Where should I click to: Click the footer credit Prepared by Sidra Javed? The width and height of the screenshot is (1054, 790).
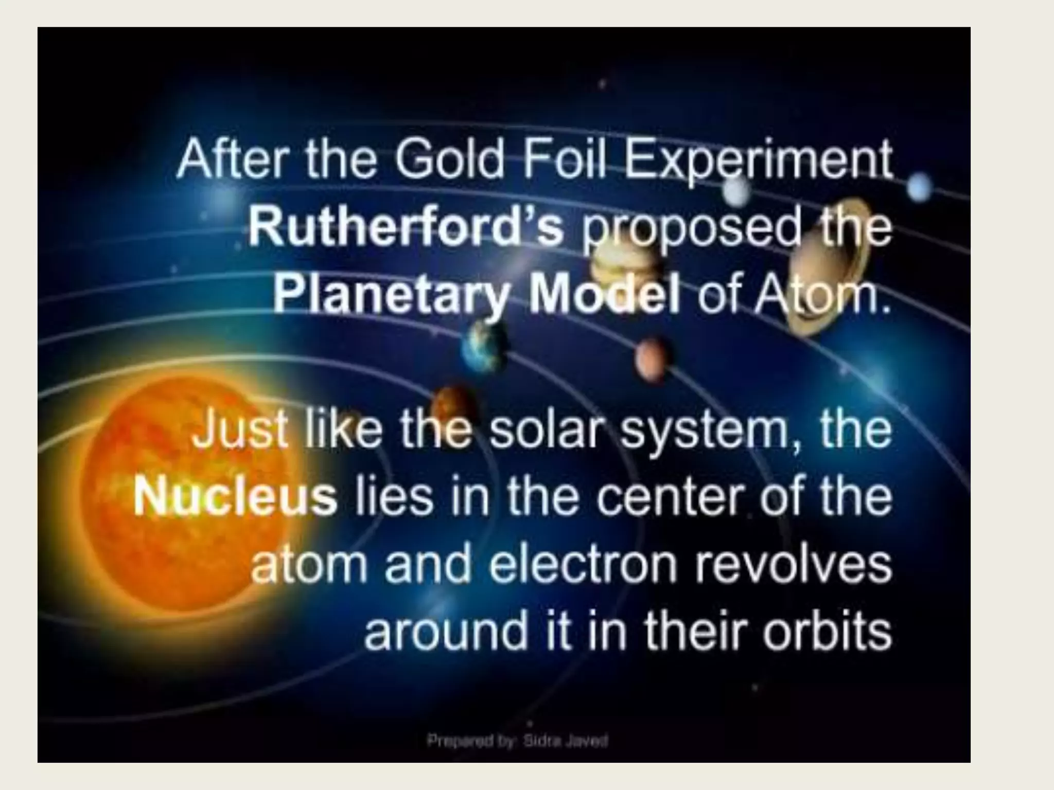click(x=517, y=741)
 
